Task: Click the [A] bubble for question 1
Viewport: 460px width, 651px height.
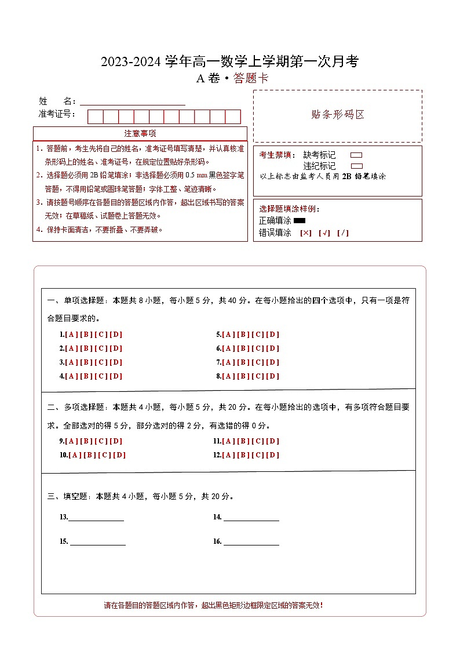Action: (x=71, y=334)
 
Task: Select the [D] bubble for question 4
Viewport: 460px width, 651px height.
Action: (x=116, y=376)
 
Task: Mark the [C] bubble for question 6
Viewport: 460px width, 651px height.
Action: (x=258, y=348)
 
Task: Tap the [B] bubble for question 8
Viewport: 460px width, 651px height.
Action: (x=243, y=376)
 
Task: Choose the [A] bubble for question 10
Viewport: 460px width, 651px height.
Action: (x=75, y=455)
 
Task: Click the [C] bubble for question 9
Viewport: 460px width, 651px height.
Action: (x=101, y=441)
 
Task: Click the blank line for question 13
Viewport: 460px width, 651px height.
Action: (x=96, y=517)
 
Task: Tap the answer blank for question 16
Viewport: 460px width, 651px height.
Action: (x=251, y=541)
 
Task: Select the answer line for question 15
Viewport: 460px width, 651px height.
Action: (x=98, y=541)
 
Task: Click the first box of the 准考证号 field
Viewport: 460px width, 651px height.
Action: (x=95, y=117)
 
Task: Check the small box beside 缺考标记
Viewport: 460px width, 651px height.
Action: (x=356, y=155)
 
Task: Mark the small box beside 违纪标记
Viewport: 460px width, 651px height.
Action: (x=356, y=166)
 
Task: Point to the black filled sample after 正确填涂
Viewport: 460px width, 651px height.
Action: (x=300, y=221)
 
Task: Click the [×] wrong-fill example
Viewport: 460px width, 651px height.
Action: (x=306, y=233)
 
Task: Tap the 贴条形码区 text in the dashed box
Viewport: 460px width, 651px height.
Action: (x=338, y=115)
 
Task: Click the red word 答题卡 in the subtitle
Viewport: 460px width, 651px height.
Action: (x=251, y=79)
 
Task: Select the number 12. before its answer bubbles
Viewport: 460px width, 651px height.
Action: (x=217, y=455)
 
